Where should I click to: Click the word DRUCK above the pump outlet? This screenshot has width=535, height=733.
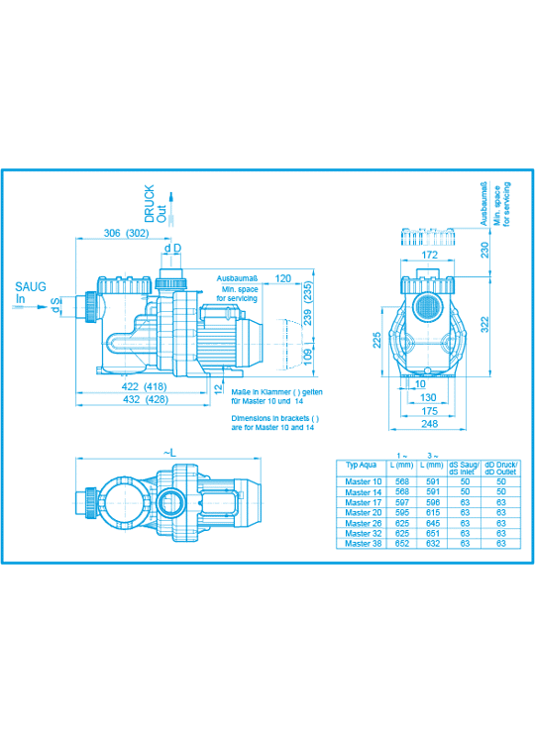pyautogui.click(x=150, y=203)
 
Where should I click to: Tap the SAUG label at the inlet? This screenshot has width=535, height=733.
pyautogui.click(x=31, y=286)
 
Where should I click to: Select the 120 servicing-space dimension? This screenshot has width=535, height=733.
pyautogui.click(x=282, y=278)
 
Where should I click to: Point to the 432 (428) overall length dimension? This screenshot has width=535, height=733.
pyautogui.click(x=145, y=399)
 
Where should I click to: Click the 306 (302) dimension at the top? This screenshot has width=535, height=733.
pyautogui.click(x=126, y=233)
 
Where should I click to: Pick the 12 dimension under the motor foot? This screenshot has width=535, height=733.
pyautogui.click(x=218, y=389)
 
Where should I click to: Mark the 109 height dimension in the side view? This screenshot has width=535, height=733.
pyautogui.click(x=308, y=357)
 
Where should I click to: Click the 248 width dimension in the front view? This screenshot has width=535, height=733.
pyautogui.click(x=429, y=424)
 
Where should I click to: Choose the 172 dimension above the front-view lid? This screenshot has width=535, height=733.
pyautogui.click(x=429, y=255)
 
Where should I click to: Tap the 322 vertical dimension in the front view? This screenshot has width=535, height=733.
pyautogui.click(x=484, y=325)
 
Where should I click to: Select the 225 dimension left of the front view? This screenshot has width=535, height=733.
pyautogui.click(x=376, y=340)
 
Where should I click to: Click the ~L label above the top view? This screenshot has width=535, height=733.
pyautogui.click(x=169, y=453)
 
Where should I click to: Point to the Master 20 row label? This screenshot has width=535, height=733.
pyautogui.click(x=363, y=512)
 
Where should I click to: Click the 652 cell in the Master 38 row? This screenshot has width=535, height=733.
pyautogui.click(x=401, y=544)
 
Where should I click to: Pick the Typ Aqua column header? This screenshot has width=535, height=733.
pyautogui.click(x=361, y=465)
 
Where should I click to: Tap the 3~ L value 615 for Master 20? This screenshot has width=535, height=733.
pyautogui.click(x=433, y=512)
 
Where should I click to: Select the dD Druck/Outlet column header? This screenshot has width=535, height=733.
pyautogui.click(x=501, y=468)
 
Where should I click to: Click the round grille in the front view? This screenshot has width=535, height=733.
pyautogui.click(x=426, y=307)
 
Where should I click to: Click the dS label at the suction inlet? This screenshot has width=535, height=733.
pyautogui.click(x=55, y=305)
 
